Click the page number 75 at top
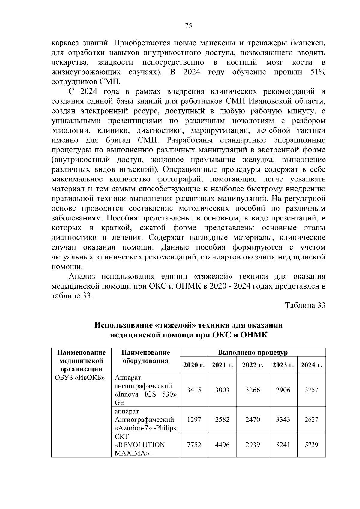point(188,26)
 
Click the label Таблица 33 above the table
point(305,306)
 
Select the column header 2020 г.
point(194,365)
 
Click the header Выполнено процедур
point(253,352)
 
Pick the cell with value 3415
point(194,390)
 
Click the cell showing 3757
point(311,390)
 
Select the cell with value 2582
point(222,419)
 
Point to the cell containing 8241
point(283,445)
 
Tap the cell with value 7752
point(194,445)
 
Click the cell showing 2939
point(253,445)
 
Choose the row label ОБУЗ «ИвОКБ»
point(79,377)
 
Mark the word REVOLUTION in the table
point(140,445)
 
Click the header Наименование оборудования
point(145,357)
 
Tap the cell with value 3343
point(283,419)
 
